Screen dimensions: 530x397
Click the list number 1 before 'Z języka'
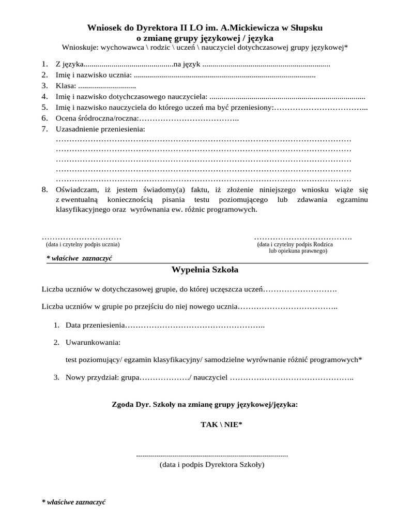44,64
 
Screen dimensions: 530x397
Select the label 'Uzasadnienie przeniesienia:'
100,128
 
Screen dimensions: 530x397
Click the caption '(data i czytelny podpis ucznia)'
83,243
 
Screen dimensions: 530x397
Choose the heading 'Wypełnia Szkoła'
205,270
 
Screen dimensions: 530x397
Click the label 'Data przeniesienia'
96,326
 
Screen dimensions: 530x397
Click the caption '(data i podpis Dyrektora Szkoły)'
212,465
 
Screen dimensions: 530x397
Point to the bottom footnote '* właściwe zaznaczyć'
74,503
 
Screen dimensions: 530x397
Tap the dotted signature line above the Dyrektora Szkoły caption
212,455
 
